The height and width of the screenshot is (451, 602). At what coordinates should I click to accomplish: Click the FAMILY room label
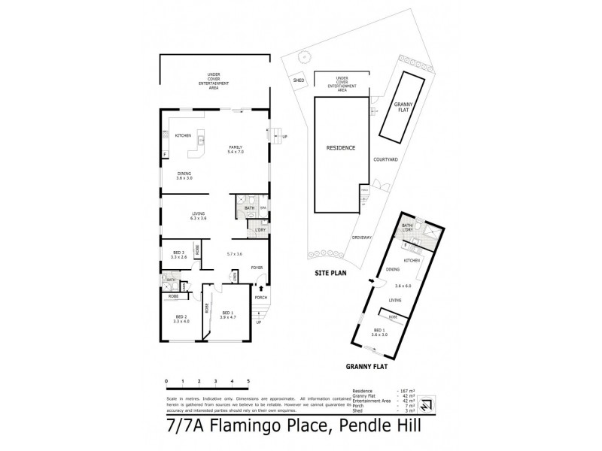(236, 147)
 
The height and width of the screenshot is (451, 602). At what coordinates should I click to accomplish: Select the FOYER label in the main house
(257, 267)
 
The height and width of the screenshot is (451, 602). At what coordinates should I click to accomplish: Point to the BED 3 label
(178, 252)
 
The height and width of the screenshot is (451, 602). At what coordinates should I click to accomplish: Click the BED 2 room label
(180, 316)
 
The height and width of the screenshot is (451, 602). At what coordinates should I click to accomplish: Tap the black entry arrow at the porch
(261, 286)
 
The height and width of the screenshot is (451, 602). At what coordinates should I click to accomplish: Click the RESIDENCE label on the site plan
(341, 148)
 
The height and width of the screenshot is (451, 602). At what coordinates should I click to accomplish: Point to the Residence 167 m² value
(407, 392)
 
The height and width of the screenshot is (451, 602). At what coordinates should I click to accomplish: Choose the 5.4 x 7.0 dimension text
(236, 153)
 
